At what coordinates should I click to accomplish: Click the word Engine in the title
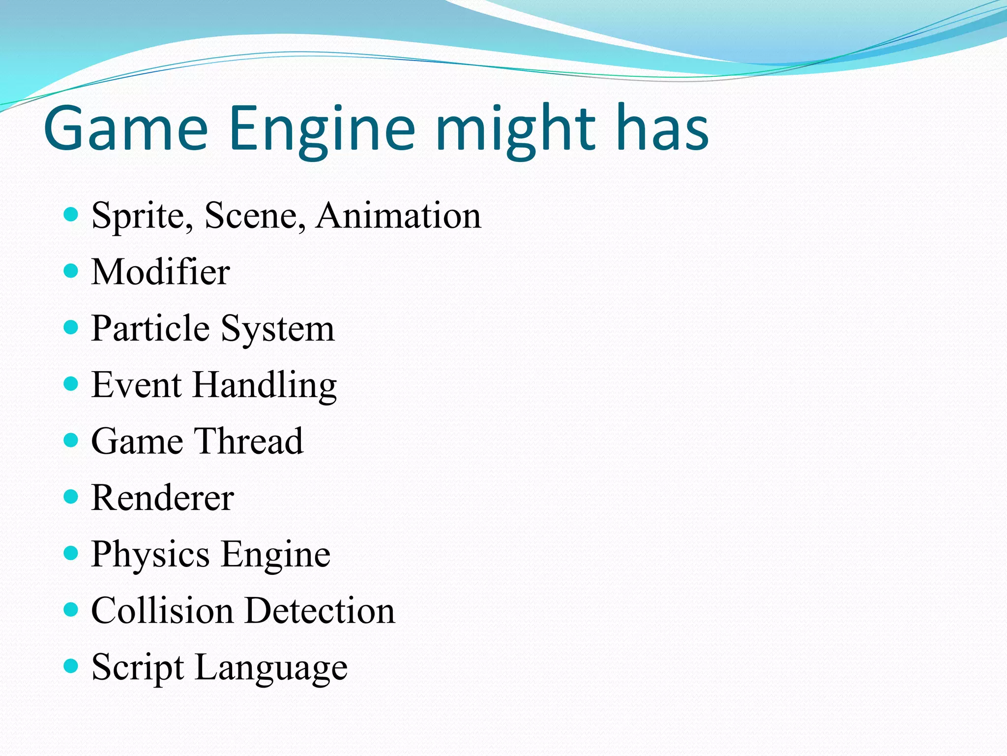322,129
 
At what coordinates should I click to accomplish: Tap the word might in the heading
516,129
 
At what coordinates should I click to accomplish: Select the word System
277,329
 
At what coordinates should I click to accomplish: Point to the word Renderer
162,498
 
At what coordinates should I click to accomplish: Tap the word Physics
150,555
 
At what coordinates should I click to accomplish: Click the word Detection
320,610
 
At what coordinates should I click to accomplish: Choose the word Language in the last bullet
271,668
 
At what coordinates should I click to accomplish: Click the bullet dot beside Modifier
71,271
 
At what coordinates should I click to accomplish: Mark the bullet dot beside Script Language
71,666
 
